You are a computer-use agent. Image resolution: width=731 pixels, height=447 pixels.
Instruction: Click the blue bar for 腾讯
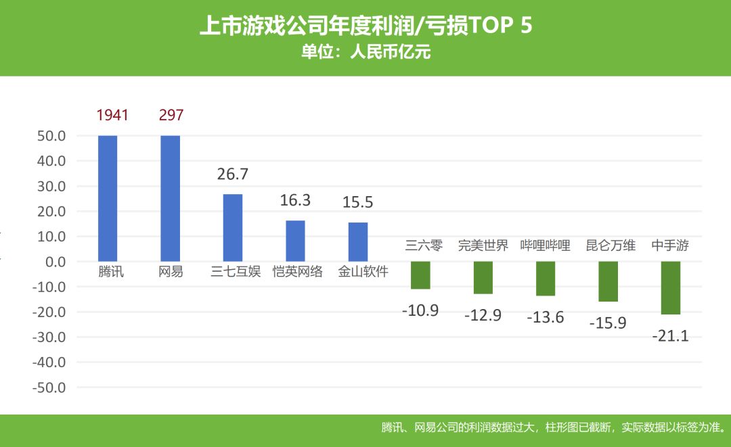108,198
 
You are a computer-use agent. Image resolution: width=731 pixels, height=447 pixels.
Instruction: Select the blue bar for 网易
170,198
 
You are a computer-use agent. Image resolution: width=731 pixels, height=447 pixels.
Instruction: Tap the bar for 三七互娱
233,227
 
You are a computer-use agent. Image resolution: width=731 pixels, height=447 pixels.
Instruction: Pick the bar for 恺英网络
295,241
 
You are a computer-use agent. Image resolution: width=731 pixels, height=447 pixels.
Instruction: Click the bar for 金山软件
358,241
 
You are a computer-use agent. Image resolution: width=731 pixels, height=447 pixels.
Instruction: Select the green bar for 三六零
420,275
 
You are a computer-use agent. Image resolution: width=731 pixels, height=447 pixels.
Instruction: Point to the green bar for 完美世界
483,278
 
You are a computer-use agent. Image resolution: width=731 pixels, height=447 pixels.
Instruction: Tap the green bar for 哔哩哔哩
546,279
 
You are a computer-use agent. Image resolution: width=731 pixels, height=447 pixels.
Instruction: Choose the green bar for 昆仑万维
608,281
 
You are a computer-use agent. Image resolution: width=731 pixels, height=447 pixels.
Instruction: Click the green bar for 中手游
671,288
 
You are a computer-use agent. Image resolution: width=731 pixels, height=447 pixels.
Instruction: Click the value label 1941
112,115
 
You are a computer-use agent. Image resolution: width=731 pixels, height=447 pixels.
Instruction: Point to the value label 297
171,115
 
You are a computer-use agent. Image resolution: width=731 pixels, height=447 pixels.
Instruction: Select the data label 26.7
233,174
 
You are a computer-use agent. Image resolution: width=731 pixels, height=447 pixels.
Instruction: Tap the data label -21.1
671,335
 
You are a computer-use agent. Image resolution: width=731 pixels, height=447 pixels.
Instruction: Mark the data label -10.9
420,311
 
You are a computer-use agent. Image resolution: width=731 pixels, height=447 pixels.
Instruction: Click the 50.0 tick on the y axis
51,136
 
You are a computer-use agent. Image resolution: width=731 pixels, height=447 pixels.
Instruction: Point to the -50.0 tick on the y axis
49,388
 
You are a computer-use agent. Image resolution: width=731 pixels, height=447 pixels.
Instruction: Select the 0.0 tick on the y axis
55,262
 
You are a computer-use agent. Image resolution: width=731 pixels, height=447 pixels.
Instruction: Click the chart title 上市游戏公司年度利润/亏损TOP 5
365,26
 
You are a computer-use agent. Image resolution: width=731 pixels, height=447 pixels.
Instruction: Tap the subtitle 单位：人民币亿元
365,53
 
